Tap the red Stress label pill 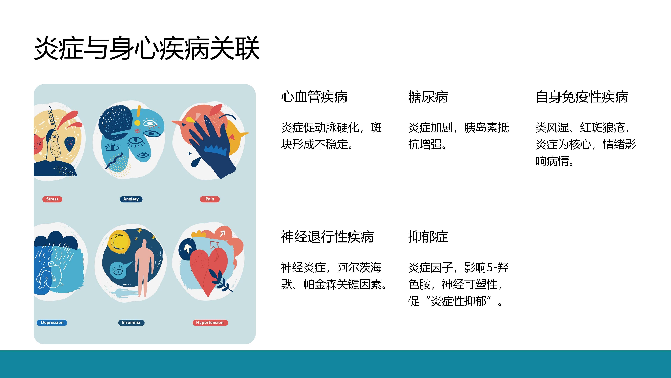point(52,199)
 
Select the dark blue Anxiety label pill point(131,199)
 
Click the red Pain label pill point(210,199)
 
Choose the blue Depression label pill point(52,323)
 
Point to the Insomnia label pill point(131,323)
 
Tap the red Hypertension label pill point(210,323)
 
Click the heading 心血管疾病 point(314,97)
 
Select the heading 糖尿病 point(428,97)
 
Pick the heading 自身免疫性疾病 point(582,97)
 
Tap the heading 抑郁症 point(428,237)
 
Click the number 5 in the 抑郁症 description point(490,268)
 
